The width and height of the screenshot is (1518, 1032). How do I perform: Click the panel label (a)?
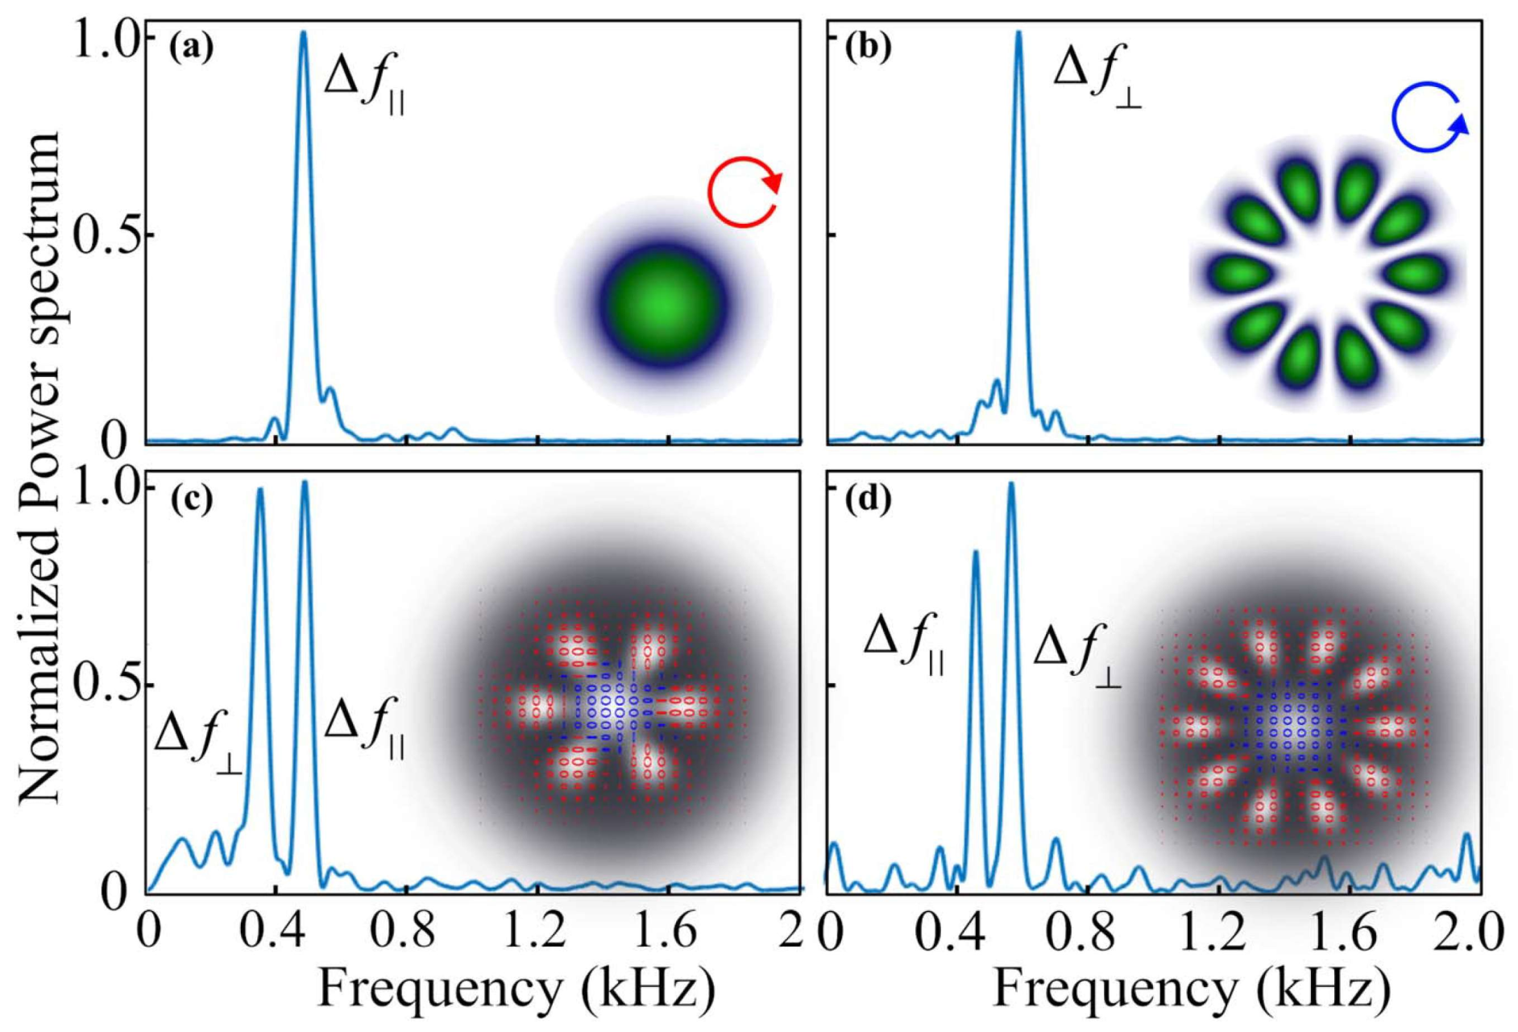point(192,49)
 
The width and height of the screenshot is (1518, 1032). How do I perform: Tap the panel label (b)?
point(869,49)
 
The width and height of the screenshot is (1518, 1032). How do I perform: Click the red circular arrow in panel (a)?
point(744,192)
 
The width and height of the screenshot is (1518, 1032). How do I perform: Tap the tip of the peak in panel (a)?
point(303,33)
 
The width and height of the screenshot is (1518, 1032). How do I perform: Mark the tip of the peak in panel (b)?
point(1018,33)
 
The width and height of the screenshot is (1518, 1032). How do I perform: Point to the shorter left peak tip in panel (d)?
point(976,553)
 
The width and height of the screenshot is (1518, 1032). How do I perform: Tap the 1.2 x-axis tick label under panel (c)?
point(538,930)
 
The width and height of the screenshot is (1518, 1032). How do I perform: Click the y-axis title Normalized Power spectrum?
point(40,467)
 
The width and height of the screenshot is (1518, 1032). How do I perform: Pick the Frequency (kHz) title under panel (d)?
point(1191,988)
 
